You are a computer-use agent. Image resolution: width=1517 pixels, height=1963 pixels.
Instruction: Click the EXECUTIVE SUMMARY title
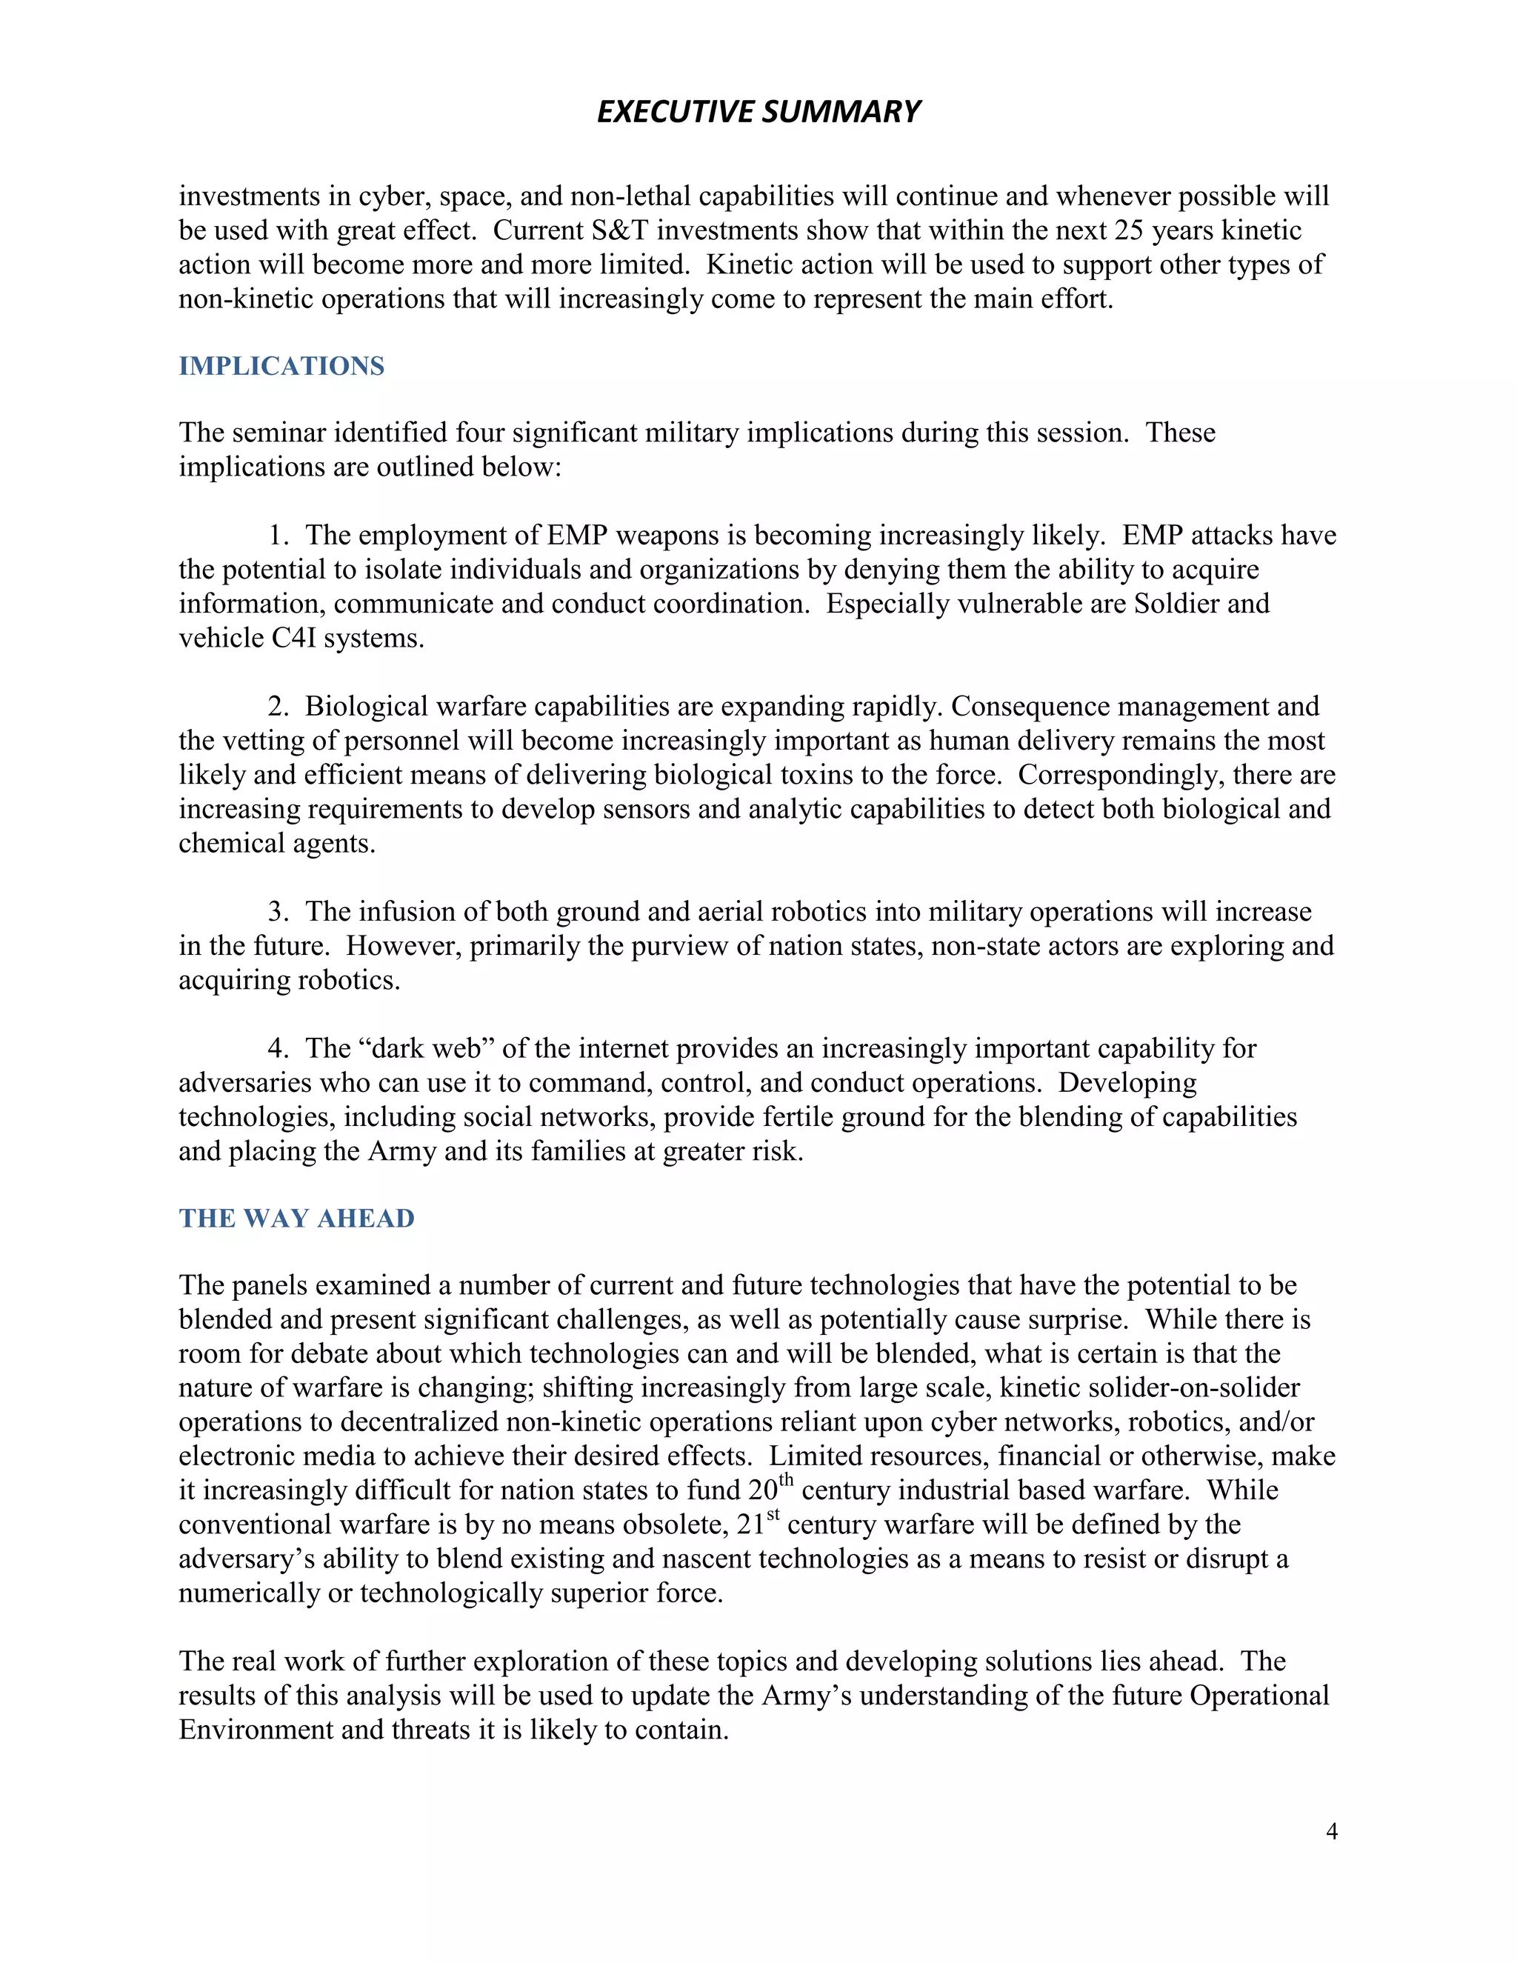[758, 111]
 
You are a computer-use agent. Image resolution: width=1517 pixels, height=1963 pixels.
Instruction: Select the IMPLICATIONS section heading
[281, 366]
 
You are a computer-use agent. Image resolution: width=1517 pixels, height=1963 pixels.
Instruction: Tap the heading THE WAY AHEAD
[296, 1218]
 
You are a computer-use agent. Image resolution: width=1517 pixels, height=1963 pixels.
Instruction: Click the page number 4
[1331, 1831]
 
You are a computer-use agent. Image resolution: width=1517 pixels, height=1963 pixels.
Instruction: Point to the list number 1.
[277, 536]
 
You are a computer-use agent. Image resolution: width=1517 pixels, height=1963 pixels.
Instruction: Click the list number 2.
[277, 707]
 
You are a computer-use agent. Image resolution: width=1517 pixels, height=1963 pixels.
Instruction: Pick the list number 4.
[277, 1048]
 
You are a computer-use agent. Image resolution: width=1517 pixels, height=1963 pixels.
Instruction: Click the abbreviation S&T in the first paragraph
[619, 230]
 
